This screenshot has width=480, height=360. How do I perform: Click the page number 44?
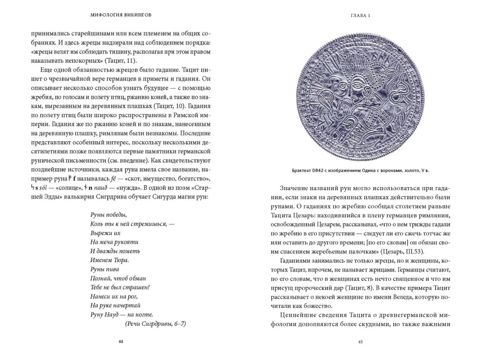pos(121,341)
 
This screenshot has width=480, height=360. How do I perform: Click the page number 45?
pos(360,341)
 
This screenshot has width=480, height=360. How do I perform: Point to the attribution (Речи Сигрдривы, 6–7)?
pos(156,324)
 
